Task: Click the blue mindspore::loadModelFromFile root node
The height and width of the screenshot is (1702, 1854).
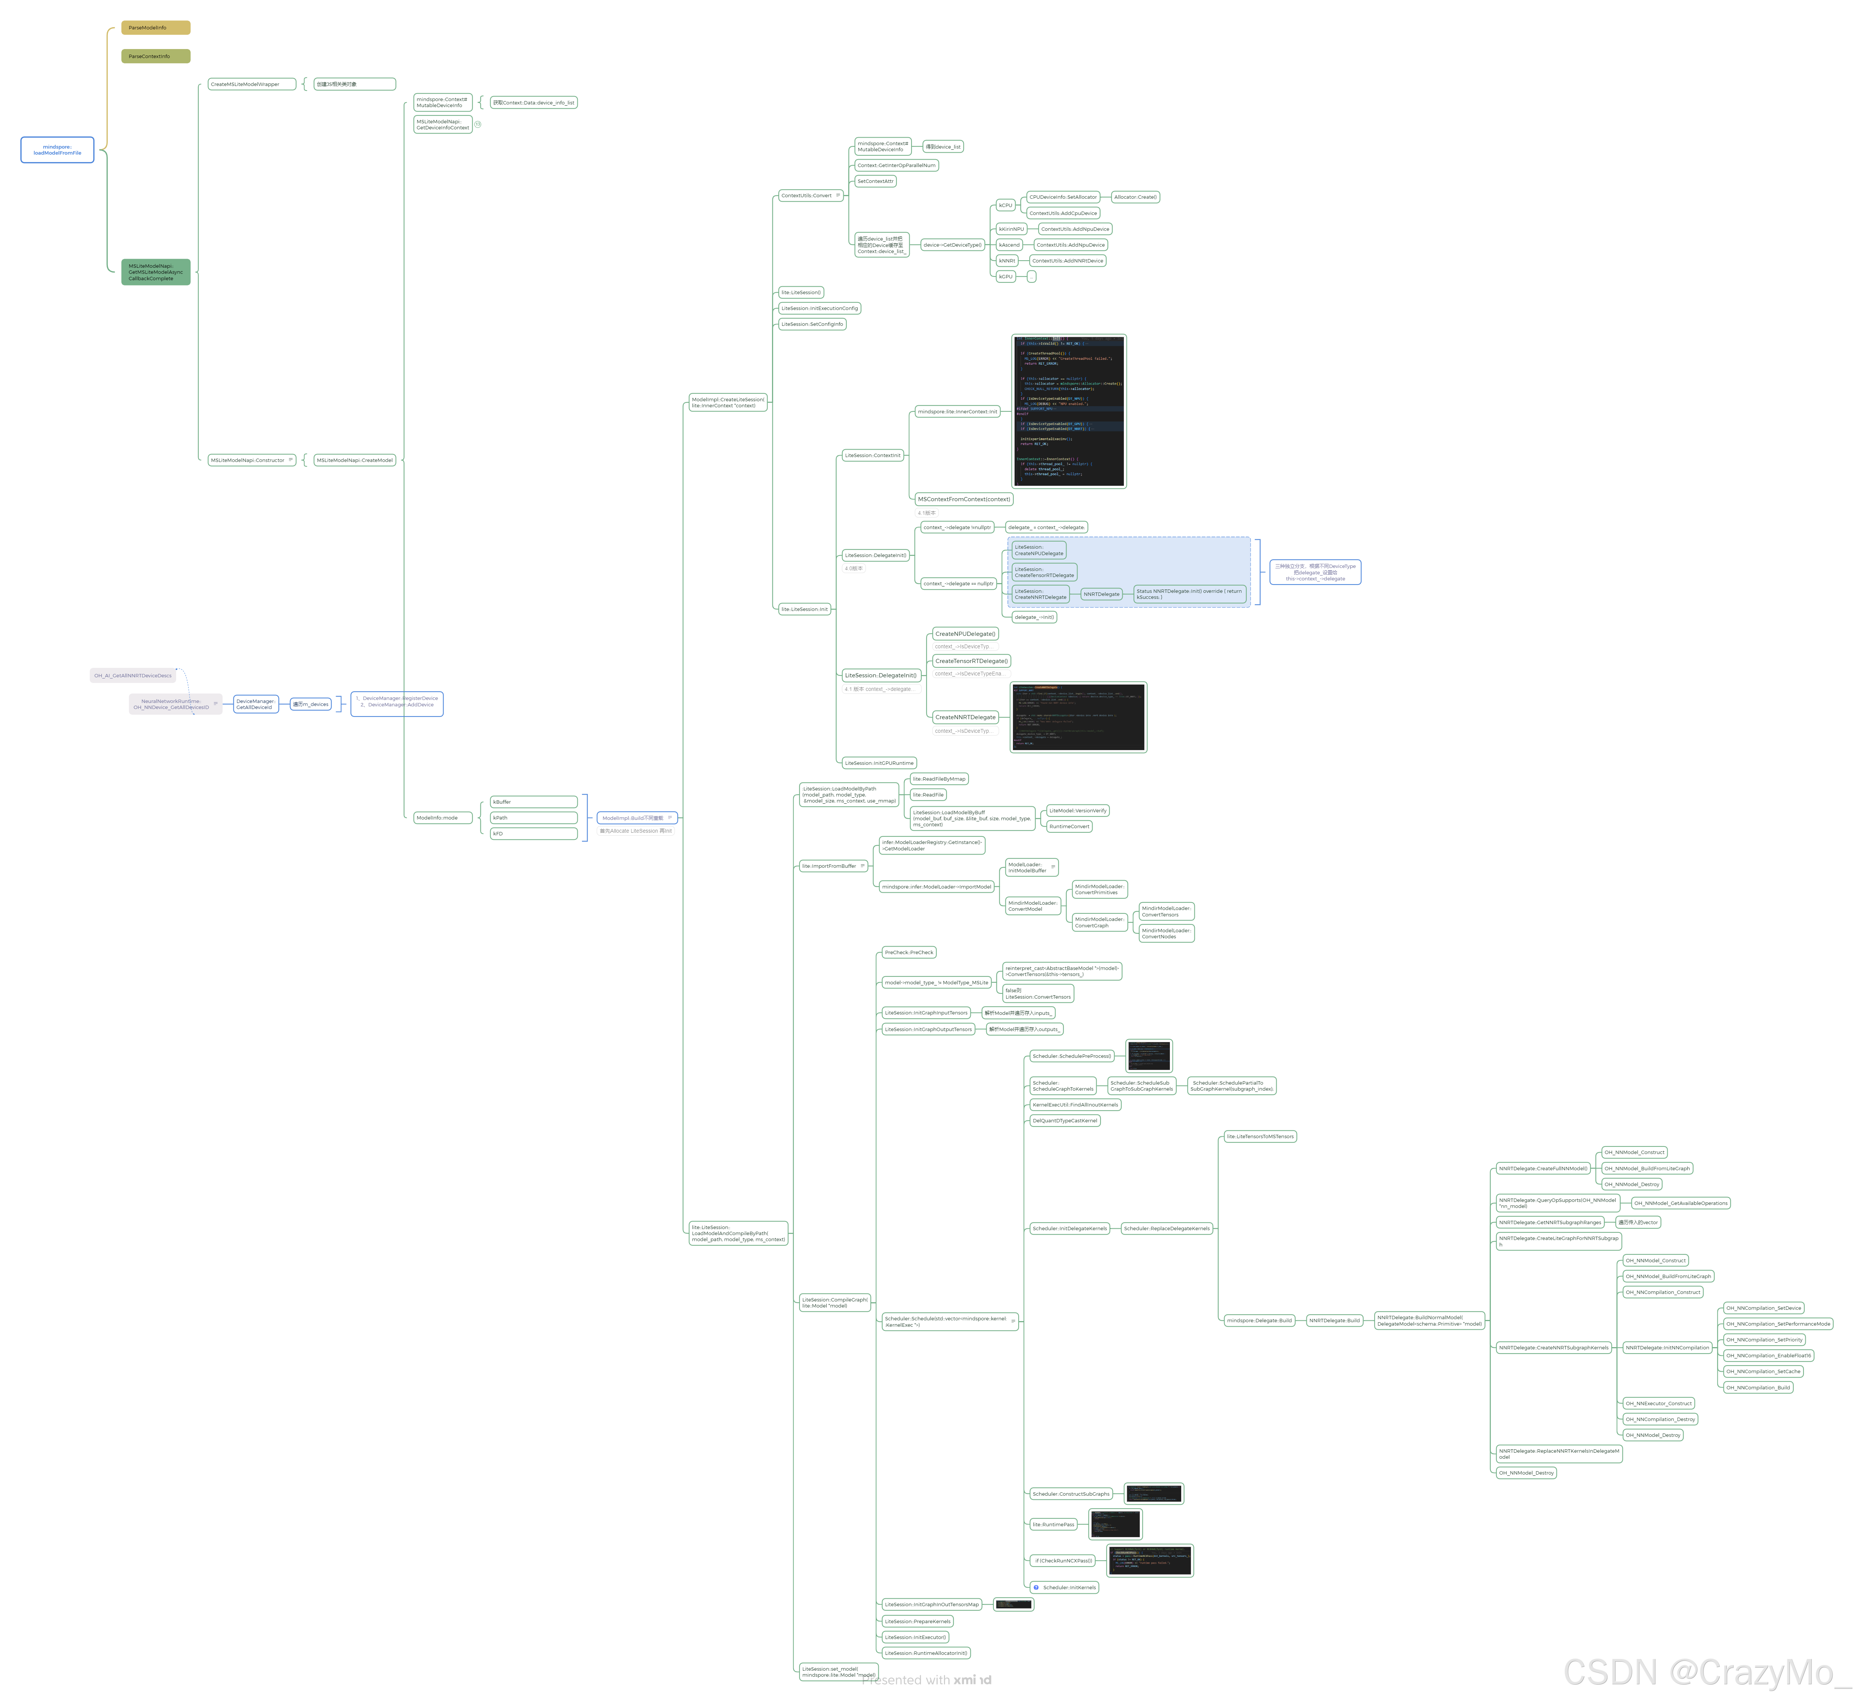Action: pos(57,150)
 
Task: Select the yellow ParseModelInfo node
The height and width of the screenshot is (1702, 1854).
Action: pos(156,28)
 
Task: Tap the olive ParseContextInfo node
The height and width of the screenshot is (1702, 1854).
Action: pos(156,56)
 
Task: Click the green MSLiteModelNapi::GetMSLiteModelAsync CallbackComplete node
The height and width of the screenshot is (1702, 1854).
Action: pos(156,272)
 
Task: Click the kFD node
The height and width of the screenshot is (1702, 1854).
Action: pos(533,833)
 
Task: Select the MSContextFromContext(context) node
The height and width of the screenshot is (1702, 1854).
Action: pos(963,499)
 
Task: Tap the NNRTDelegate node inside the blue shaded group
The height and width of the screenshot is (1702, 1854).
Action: pos(1102,594)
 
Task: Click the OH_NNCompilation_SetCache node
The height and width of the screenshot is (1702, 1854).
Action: pos(1763,1371)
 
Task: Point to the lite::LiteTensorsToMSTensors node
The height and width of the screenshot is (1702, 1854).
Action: pos(1260,1137)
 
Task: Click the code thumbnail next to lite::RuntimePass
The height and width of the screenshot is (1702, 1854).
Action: pos(1114,1524)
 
